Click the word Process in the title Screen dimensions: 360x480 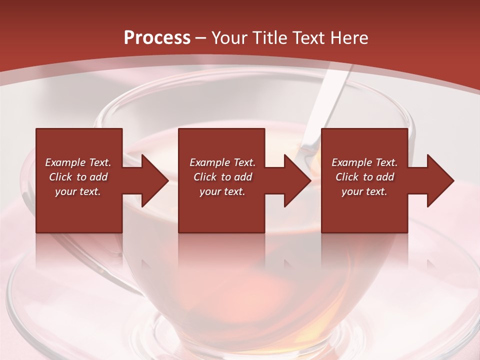point(157,38)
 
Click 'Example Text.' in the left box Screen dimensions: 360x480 point(78,162)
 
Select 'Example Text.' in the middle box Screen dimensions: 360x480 point(222,162)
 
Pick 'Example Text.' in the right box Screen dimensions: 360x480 point(364,162)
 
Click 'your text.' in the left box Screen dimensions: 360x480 point(78,191)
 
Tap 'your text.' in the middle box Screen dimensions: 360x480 point(222,191)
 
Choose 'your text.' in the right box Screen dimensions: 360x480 point(364,191)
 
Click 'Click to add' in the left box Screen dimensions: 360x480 point(78,177)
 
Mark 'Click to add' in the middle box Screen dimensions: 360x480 point(222,177)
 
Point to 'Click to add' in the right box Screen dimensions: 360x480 point(364,177)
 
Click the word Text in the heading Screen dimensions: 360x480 point(307,38)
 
